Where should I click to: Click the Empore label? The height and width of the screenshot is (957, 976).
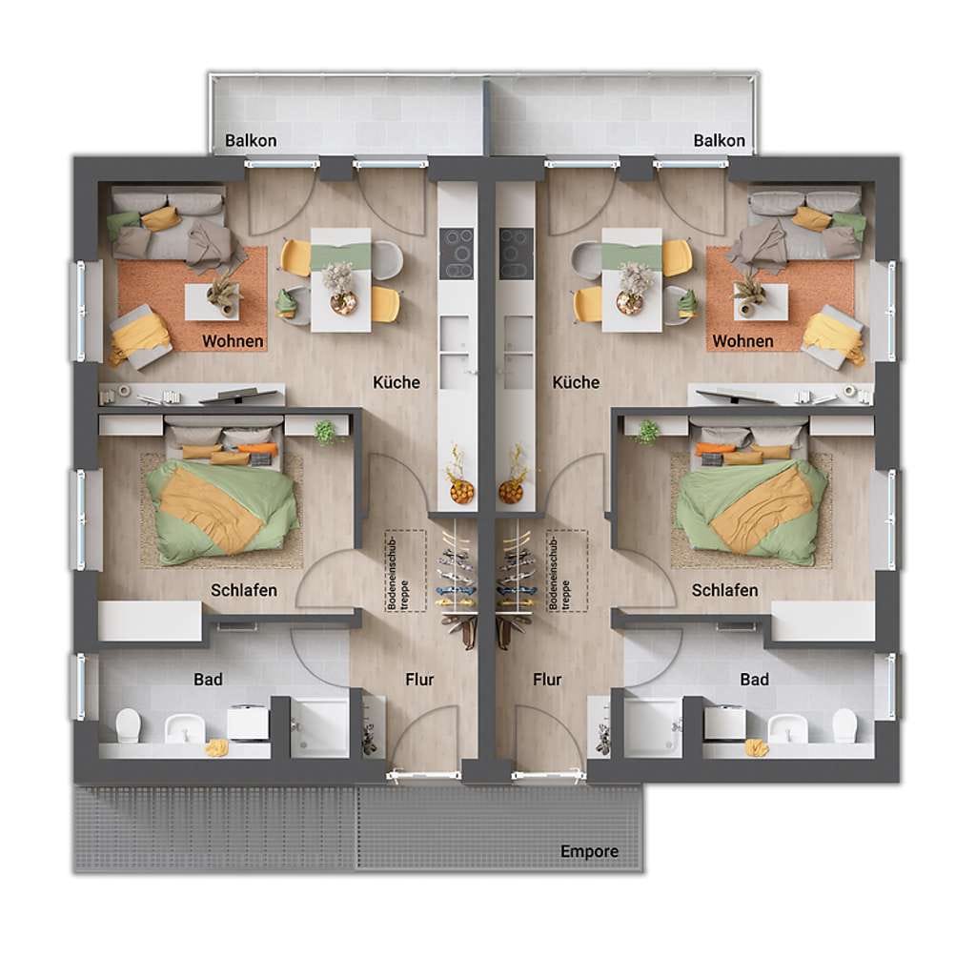(589, 851)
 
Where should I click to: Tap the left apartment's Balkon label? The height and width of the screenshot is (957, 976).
(251, 141)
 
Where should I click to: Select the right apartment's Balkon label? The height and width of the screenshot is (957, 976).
(719, 141)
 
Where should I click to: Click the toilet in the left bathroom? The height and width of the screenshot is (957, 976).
(129, 724)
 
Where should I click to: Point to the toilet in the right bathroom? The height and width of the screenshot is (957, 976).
(844, 724)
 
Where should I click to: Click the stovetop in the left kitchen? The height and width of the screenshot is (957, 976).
(457, 254)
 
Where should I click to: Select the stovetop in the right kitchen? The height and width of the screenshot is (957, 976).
(517, 254)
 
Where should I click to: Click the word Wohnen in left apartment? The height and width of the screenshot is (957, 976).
(233, 341)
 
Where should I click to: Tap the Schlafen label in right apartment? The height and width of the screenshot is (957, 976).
(724, 590)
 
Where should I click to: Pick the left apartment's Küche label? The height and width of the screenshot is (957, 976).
(396, 382)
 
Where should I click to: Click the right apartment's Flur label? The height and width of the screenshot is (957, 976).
(547, 680)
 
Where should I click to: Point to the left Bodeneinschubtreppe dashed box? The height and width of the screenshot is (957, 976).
(406, 570)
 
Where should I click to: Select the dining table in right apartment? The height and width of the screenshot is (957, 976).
(632, 280)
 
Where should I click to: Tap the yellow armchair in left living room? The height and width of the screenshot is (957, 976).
(141, 336)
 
